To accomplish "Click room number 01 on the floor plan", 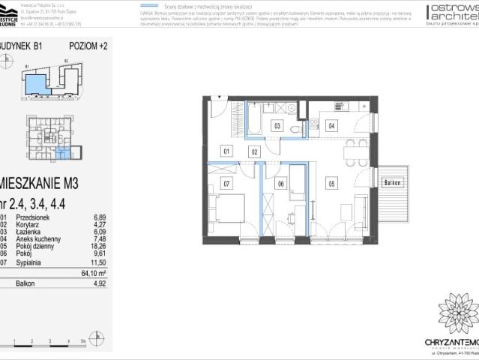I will tap(226, 151).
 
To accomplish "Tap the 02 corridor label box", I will tap(254, 151).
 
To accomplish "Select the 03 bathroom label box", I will tap(277, 126).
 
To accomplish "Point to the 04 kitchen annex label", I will tap(331, 126).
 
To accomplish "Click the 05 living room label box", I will tap(331, 182).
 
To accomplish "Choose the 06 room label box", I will tap(280, 183).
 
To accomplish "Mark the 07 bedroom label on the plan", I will tap(226, 183).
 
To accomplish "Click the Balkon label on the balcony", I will tap(393, 183).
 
